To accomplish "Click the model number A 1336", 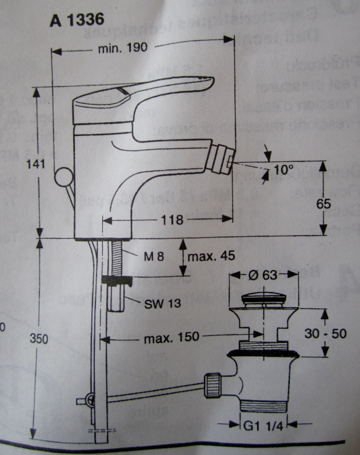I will pos(77,20).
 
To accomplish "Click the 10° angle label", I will pos(283,170).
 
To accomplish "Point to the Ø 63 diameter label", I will pos(263,275).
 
